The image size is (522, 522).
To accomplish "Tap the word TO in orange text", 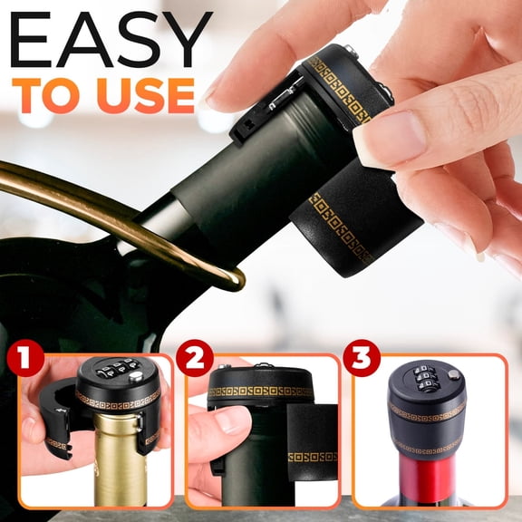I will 44,95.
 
